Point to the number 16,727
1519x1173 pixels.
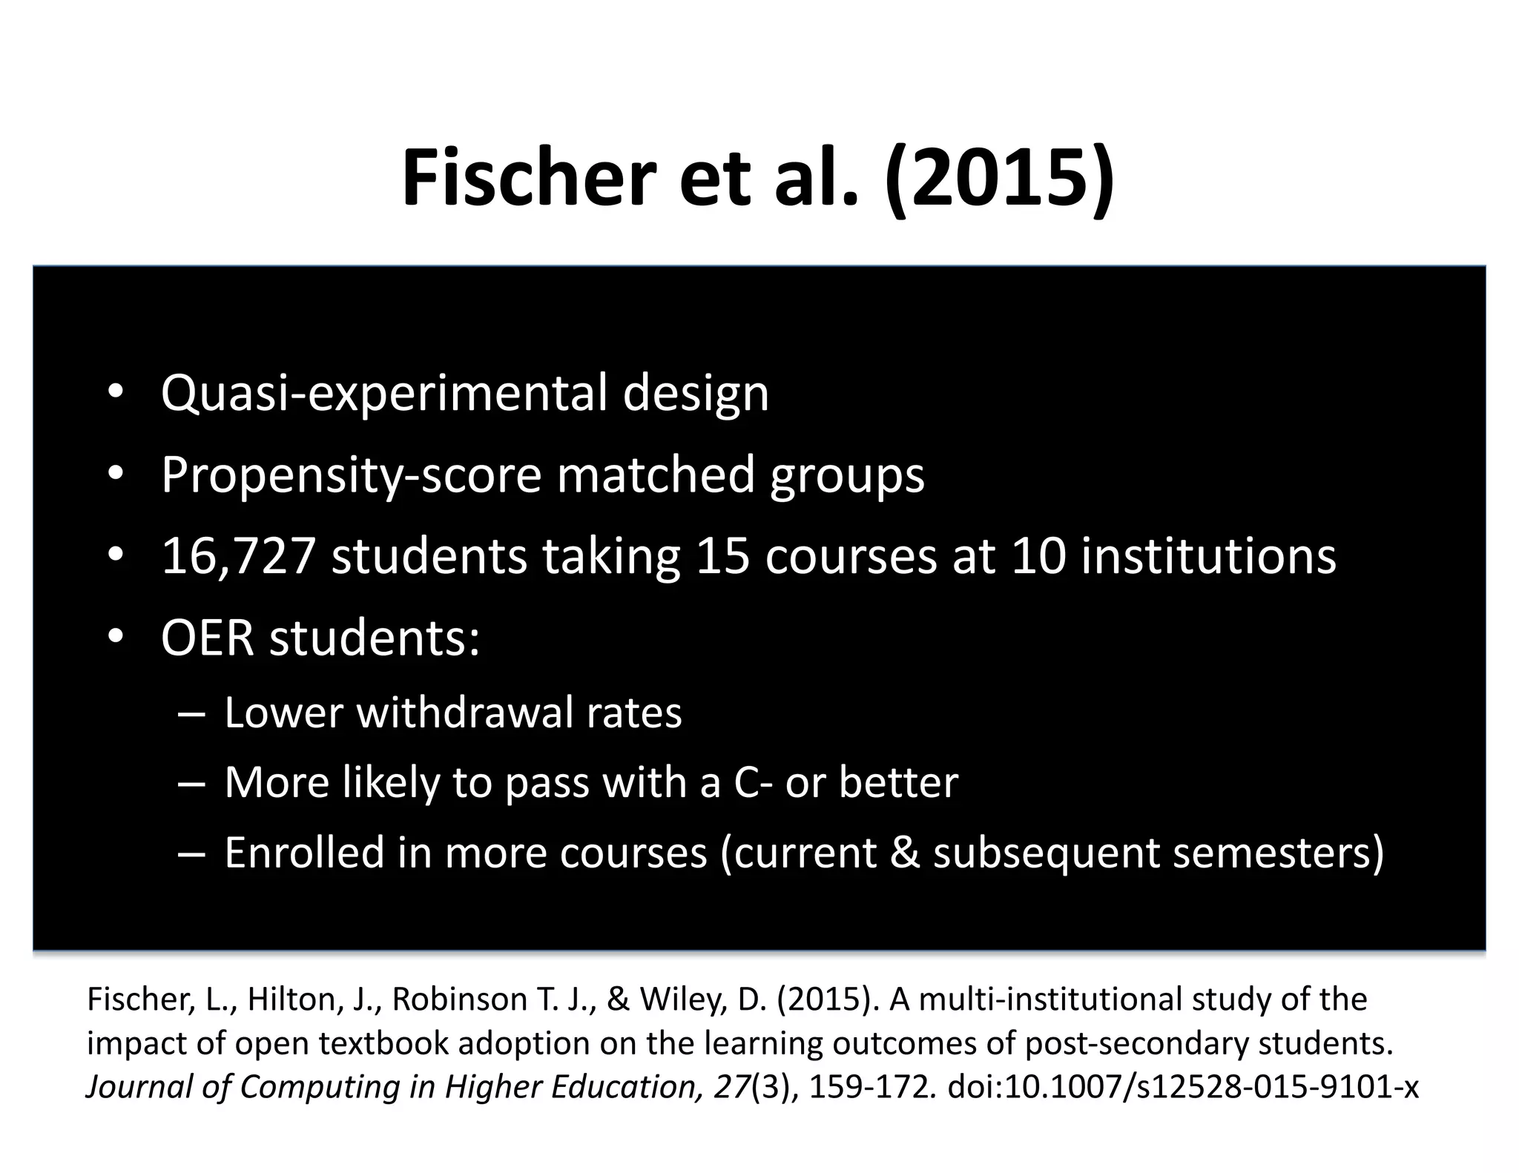(238, 556)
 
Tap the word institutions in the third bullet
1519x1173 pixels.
(1208, 556)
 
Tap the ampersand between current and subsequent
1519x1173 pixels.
(904, 852)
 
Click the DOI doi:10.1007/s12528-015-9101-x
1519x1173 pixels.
(1183, 1086)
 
